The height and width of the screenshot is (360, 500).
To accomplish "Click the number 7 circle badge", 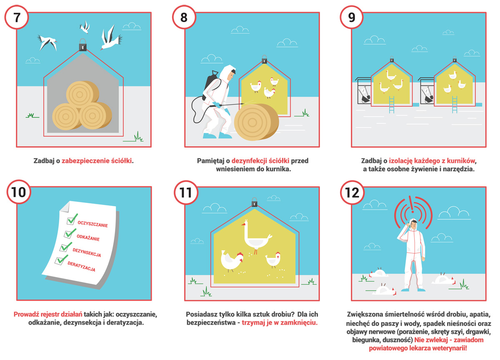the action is coord(17,17).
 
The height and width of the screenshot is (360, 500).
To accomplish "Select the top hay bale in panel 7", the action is coord(82,94).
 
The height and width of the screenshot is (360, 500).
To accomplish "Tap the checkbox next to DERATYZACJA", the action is coord(59,261).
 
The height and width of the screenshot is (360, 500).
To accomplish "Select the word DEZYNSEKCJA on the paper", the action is coord(87,252).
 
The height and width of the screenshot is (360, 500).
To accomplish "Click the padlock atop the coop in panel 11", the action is coord(254,202).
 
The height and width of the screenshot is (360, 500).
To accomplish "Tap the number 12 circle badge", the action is coord(352,192).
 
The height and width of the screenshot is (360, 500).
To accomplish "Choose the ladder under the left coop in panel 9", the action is coord(392,105).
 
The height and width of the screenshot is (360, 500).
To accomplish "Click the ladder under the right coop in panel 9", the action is coord(455,105).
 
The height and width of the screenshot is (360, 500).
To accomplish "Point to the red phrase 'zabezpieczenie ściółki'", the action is coord(96,161).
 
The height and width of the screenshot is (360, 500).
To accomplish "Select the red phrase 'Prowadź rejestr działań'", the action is coord(48,314).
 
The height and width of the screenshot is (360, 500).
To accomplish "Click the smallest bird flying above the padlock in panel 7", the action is coord(85,27).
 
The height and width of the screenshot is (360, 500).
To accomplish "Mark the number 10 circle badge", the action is coord(19,192).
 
